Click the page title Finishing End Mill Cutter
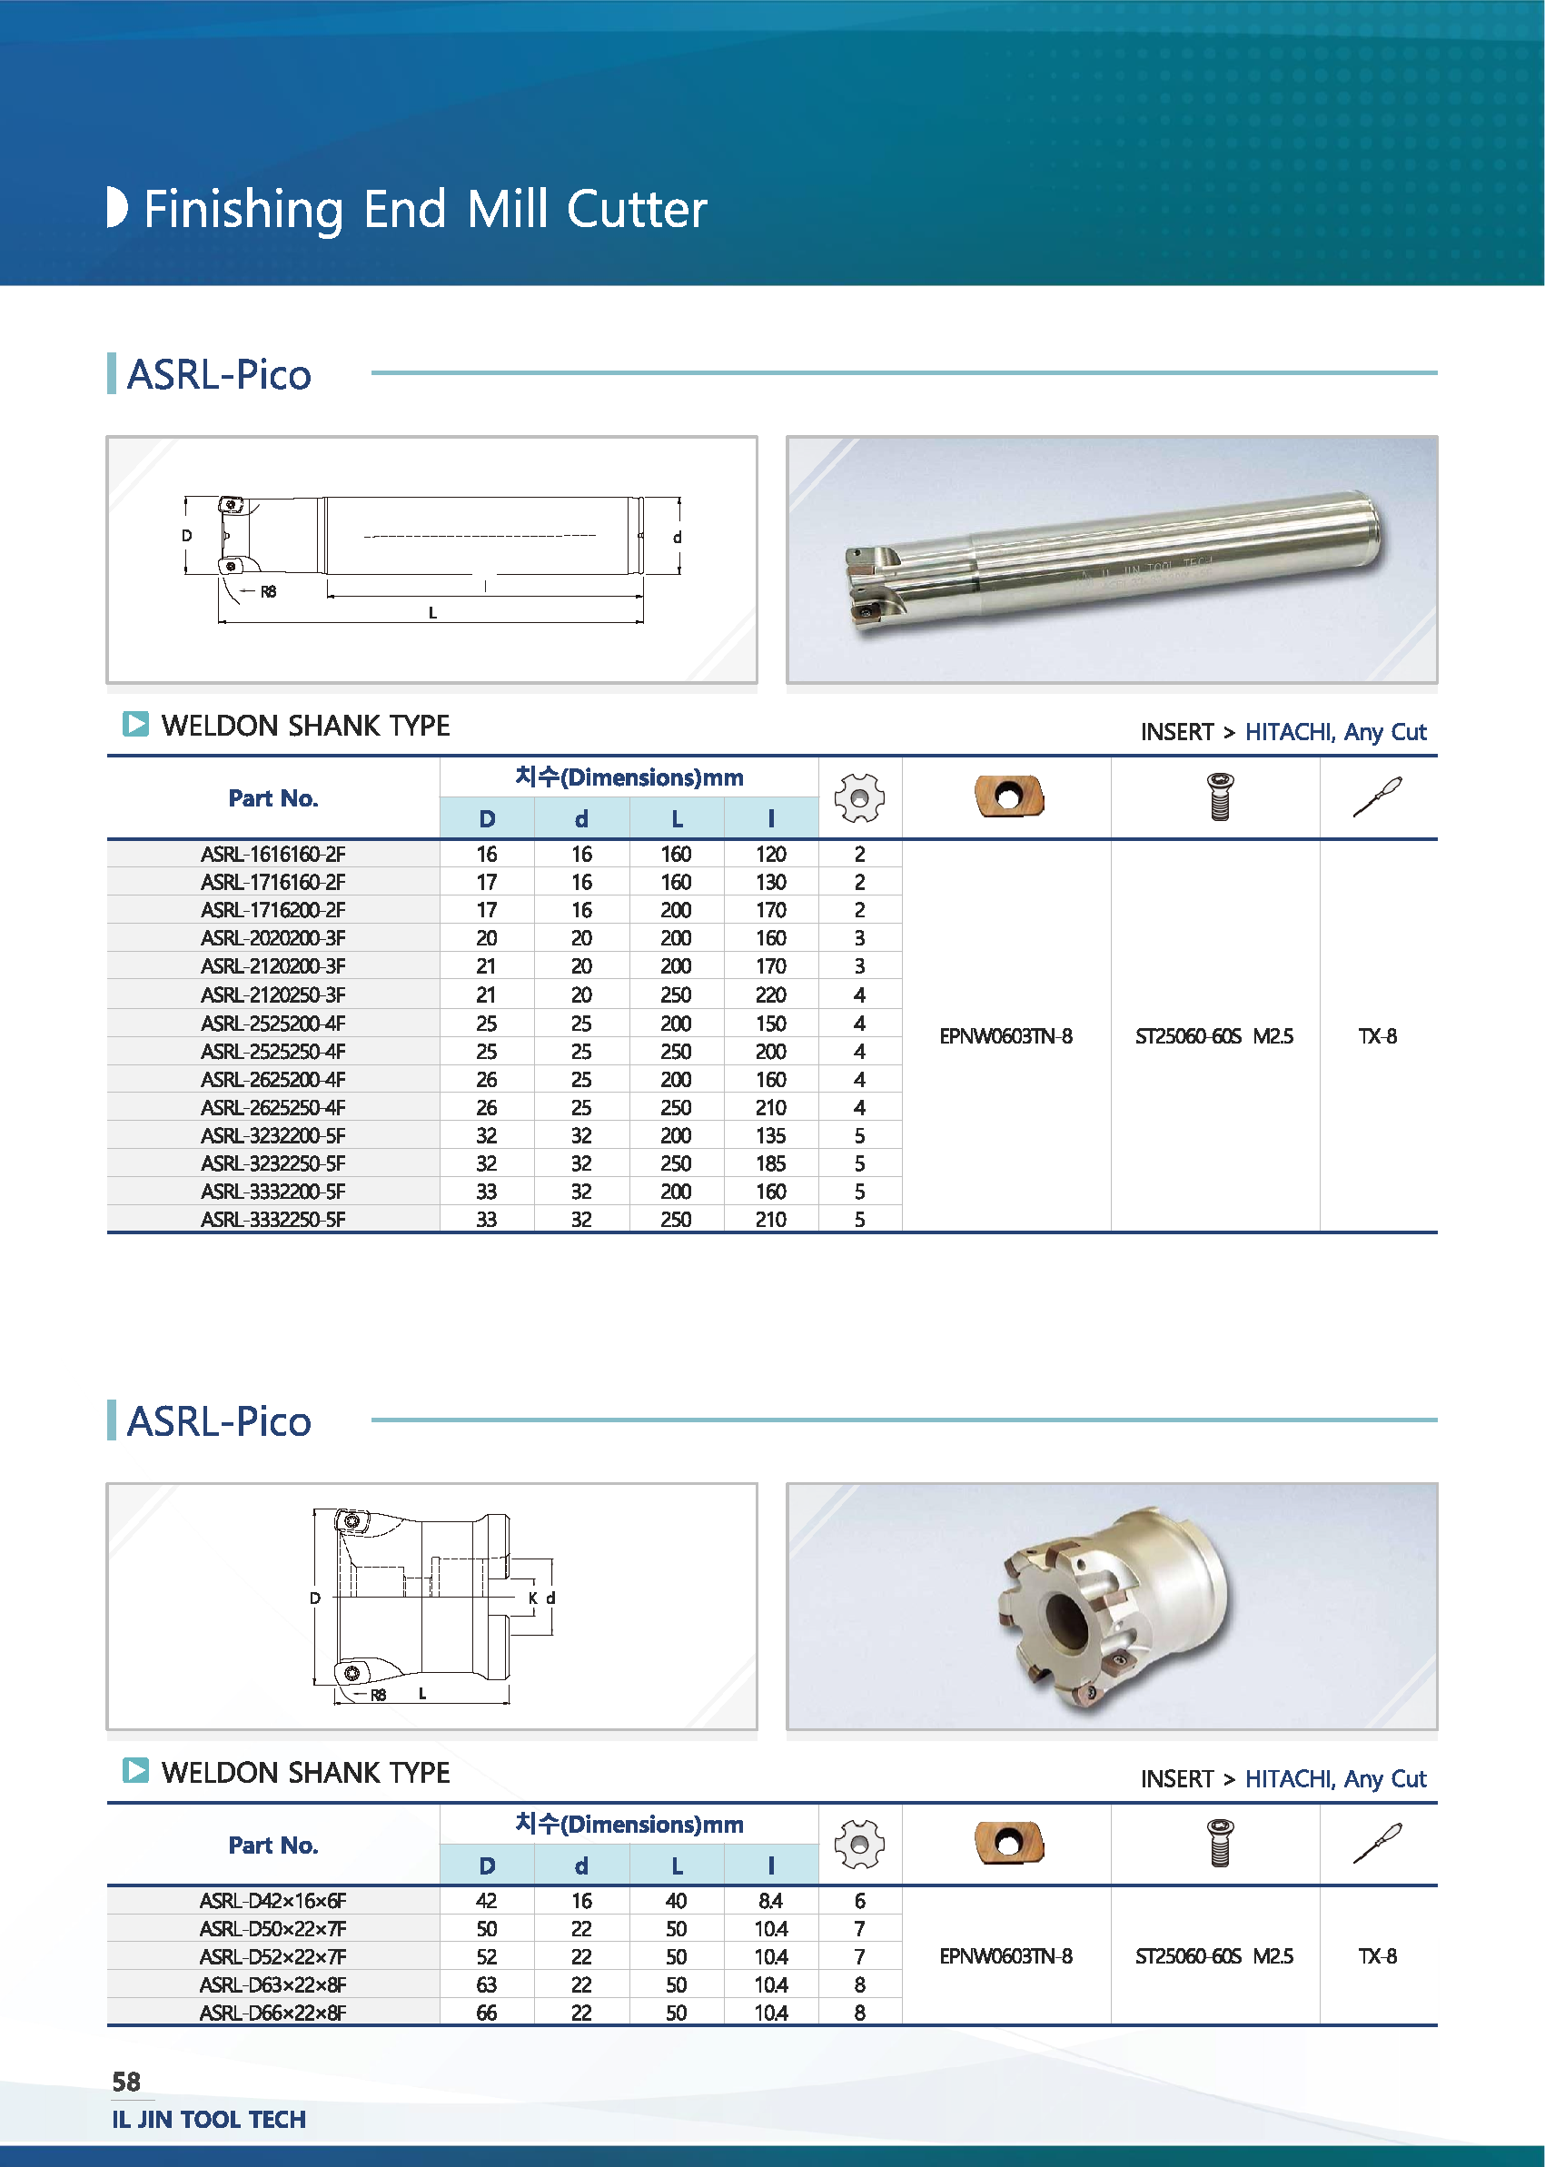click(x=425, y=209)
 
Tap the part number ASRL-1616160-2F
click(x=273, y=855)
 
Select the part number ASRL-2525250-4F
click(x=273, y=1051)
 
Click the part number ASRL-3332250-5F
click(x=273, y=1220)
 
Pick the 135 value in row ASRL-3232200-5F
click(x=770, y=1136)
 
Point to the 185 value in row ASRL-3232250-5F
click(x=770, y=1163)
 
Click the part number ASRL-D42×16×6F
click(x=273, y=1901)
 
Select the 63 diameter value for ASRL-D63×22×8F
click(x=486, y=1984)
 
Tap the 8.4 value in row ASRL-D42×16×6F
click(x=770, y=1901)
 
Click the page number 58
click(x=126, y=2082)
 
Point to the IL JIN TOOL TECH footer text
click(x=209, y=2120)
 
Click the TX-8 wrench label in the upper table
click(x=1378, y=1036)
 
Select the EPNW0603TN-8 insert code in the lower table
click(x=1005, y=1955)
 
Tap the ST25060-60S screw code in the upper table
click(x=1188, y=1036)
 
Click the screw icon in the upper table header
click(x=1220, y=797)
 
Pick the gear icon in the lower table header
click(x=859, y=1845)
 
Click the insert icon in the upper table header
click(x=1009, y=797)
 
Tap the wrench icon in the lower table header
click(x=1378, y=1844)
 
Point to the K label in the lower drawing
click(x=533, y=1598)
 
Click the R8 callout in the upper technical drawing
click(x=268, y=591)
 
